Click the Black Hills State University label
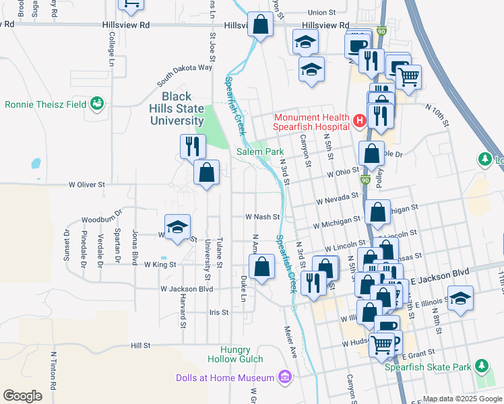[177, 108]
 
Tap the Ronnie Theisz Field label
[45, 104]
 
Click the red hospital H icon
[359, 121]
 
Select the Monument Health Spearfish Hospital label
[311, 121]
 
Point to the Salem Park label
[260, 152]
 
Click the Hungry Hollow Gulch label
[235, 355]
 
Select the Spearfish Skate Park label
[428, 367]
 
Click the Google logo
[22, 396]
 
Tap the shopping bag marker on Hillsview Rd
[260, 26]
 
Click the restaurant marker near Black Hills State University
[193, 146]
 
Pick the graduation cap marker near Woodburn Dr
[178, 228]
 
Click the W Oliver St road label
[87, 184]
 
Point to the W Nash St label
[262, 217]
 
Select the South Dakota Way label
[185, 75]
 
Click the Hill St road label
[140, 345]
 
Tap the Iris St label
[219, 312]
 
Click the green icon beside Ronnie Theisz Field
[98, 104]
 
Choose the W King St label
[160, 265]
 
